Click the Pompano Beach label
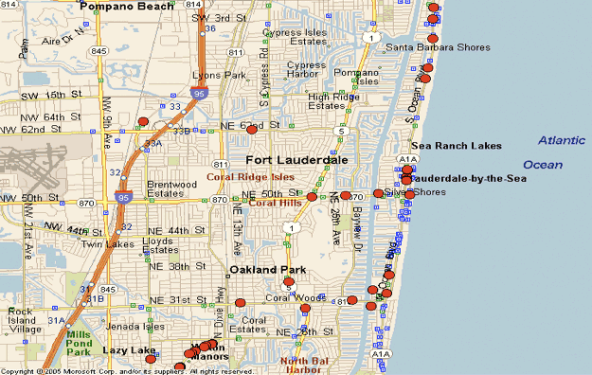[x=127, y=7]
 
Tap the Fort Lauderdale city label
[x=296, y=160]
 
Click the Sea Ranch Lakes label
[x=455, y=146]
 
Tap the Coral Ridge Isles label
[x=250, y=177]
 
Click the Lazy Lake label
[x=129, y=350]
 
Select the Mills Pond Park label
[x=79, y=345]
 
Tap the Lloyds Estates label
[x=157, y=246]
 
